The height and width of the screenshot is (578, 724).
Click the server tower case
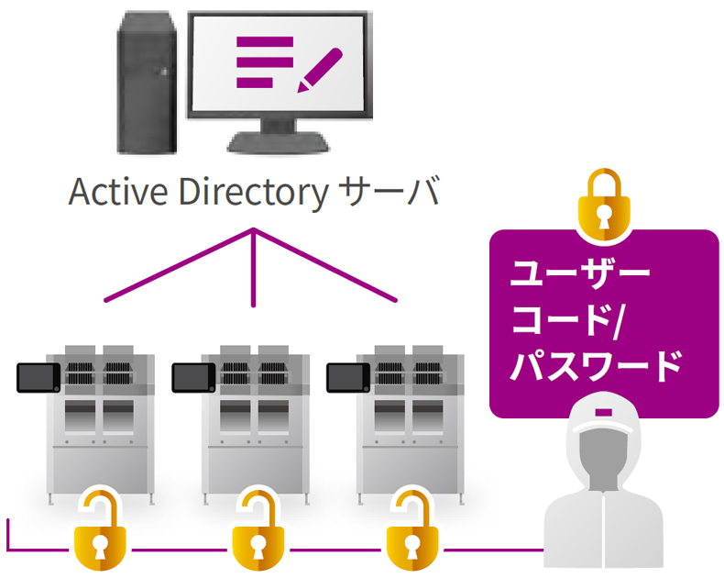[147, 84]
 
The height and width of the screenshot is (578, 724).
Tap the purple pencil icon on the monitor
[320, 71]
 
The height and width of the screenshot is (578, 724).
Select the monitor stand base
[278, 143]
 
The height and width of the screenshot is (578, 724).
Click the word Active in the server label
[117, 192]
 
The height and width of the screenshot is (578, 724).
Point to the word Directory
[254, 194]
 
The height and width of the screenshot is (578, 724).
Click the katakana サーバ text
[389, 191]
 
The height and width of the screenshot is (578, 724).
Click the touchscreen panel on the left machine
[38, 378]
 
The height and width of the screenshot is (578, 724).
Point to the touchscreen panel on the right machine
[348, 378]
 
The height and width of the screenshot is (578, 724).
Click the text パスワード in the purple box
[596, 366]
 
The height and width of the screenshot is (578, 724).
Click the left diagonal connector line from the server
[180, 265]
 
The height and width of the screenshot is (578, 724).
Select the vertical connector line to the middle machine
[253, 267]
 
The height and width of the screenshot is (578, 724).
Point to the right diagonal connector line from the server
[324, 265]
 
